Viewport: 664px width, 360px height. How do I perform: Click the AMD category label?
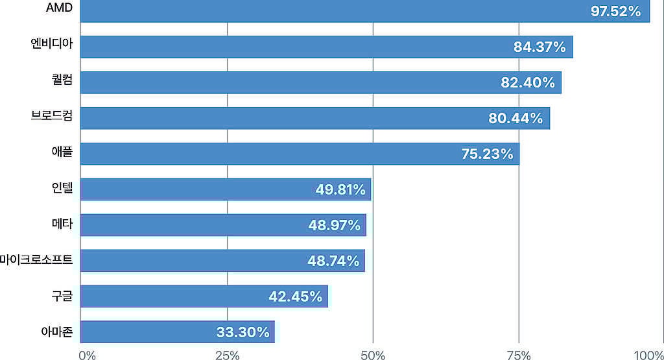coord(60,8)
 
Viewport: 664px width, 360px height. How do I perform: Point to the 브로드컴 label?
coord(52,117)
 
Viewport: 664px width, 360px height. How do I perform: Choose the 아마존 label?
coord(56,333)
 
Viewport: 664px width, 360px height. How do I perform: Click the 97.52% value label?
coord(615,11)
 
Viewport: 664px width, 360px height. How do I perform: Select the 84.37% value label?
coord(539,47)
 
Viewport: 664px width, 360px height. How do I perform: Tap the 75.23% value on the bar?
coord(487,154)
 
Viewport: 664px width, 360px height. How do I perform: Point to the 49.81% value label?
coord(340,190)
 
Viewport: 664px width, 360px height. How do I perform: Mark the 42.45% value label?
coord(295,296)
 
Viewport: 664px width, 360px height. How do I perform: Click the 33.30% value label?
coord(243,332)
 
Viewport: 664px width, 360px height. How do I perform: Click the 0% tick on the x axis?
coord(86,355)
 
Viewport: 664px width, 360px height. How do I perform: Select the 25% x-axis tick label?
coord(227,355)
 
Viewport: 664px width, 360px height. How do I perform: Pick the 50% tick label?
coord(373,355)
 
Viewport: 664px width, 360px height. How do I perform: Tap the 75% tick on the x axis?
coord(519,355)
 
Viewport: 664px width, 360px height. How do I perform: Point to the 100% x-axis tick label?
coord(648,355)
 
